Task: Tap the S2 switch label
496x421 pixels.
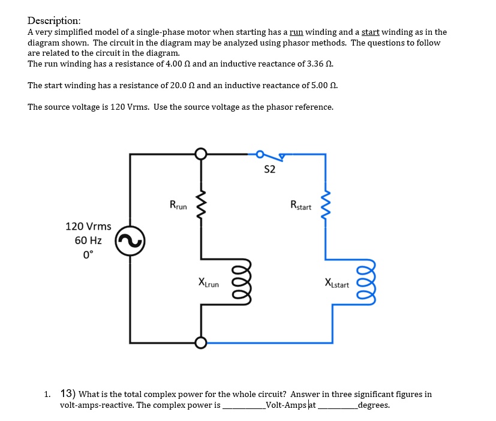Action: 269,170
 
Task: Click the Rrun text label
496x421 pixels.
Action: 178,206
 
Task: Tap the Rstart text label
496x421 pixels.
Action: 300,206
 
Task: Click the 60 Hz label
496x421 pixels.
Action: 88,240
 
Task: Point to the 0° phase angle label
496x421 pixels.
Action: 88,254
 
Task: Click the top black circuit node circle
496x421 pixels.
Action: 201,154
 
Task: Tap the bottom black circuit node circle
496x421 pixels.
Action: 201,342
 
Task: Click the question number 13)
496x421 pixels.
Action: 68,394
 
